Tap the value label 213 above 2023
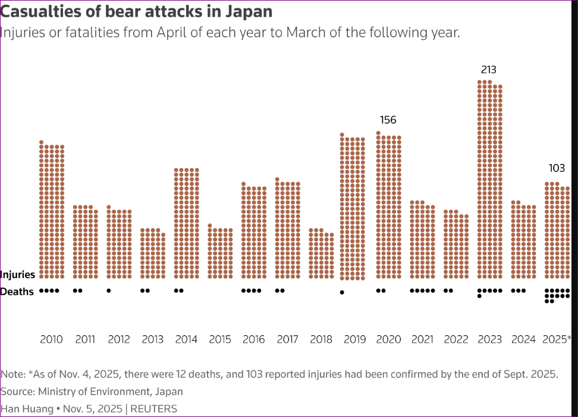(488, 70)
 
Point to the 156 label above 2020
(388, 120)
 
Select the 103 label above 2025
(557, 169)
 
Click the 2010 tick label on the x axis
(51, 340)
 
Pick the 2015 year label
(220, 340)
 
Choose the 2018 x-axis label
(321, 340)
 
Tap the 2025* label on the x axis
(557, 340)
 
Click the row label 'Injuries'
(18, 275)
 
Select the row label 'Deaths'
(17, 292)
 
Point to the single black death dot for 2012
(108, 291)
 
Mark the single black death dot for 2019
(342, 292)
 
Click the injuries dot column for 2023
(490, 179)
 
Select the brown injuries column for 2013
(153, 253)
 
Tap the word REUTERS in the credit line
(153, 409)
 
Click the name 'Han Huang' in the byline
(27, 409)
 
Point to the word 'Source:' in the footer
(18, 391)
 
